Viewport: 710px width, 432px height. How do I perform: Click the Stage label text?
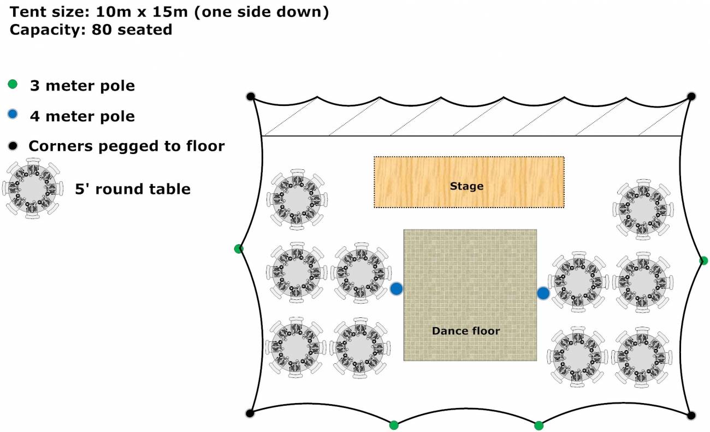coord(466,186)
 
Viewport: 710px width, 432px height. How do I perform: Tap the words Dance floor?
coord(465,330)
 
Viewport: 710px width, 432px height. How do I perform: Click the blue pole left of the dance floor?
coord(397,289)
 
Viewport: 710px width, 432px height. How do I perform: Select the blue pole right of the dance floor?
coord(543,293)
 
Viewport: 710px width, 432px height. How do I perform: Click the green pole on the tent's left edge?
coord(238,249)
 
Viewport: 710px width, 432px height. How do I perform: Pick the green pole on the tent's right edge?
coord(703,261)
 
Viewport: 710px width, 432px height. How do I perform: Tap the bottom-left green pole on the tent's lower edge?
coord(393,425)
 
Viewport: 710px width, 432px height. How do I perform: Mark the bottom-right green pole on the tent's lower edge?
coord(539,425)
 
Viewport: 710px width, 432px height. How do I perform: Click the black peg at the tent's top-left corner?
coord(251,97)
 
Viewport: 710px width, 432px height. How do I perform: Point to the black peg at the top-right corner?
coord(691,97)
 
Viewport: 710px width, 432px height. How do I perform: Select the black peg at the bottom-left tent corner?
coord(250,413)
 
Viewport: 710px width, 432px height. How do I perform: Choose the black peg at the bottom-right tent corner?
coord(691,416)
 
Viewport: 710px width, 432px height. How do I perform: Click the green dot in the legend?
coord(13,85)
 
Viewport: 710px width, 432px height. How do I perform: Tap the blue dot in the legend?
coord(13,115)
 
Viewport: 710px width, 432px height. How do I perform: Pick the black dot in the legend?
coord(13,145)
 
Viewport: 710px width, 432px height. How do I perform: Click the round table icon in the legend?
coord(33,188)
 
